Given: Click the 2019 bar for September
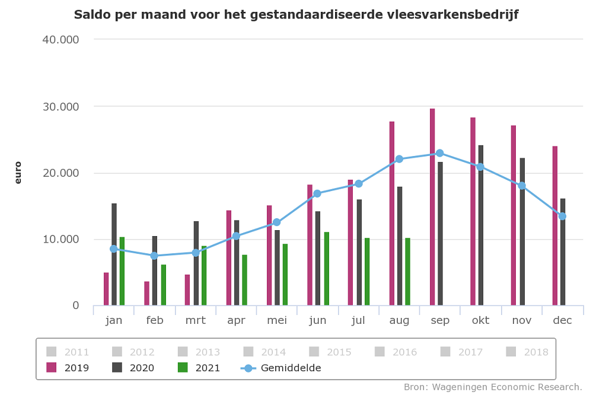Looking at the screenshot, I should (x=432, y=207).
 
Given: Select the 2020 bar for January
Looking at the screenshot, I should (x=114, y=254).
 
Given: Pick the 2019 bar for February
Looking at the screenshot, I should (x=146, y=294).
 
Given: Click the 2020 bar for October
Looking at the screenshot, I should (x=481, y=225).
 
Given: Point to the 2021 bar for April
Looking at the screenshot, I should (x=244, y=280).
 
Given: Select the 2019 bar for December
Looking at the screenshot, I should (x=555, y=226).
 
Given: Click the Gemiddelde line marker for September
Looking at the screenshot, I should (x=439, y=153).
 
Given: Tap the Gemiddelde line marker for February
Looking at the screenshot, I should (x=154, y=256).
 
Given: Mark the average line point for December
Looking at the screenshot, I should (x=562, y=216).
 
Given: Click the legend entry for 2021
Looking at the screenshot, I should (x=199, y=368).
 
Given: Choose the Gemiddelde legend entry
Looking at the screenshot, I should (x=281, y=368).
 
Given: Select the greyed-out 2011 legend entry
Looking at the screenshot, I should (x=68, y=352).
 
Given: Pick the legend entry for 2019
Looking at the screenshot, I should (x=68, y=368).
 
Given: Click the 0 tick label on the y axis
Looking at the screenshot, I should (x=75, y=305).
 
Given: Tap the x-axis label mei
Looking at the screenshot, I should (x=277, y=321).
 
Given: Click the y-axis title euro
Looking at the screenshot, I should (x=18, y=173).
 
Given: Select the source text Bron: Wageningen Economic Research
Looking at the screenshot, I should (x=493, y=387).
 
